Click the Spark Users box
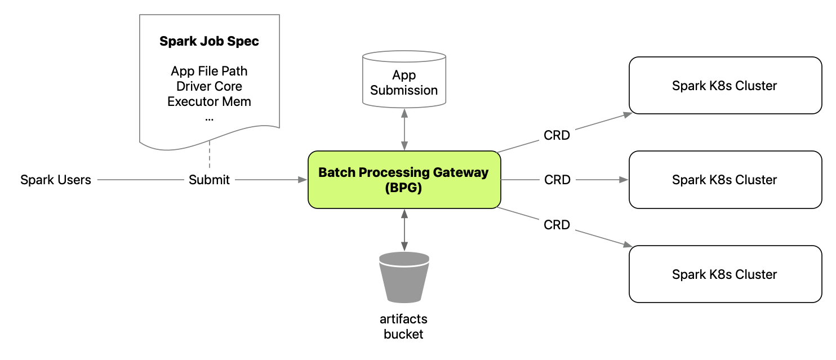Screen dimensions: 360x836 [x=56, y=180]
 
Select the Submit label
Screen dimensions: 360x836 [x=209, y=180]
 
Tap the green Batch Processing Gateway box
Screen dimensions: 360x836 [x=404, y=180]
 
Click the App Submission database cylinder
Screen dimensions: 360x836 [x=404, y=80]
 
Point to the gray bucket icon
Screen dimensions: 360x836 [x=404, y=278]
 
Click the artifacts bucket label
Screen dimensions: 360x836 [x=404, y=326]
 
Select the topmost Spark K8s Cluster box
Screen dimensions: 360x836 [x=724, y=86]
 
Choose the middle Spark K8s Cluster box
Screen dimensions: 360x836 [x=724, y=180]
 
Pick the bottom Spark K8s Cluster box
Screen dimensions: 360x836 [x=724, y=274]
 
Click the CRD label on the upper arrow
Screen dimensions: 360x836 [x=557, y=135]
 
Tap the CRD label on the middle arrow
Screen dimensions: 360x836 [x=557, y=180]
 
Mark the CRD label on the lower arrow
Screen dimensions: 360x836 [x=557, y=225]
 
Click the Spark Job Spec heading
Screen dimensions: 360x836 [x=209, y=41]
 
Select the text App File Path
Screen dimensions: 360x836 [x=209, y=72]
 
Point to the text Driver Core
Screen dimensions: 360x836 [x=209, y=86]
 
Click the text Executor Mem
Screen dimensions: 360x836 [x=209, y=101]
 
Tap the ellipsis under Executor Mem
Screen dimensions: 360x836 [x=209, y=118]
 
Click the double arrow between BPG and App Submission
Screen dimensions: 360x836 [x=404, y=130]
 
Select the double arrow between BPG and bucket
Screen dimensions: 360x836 [x=404, y=230]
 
